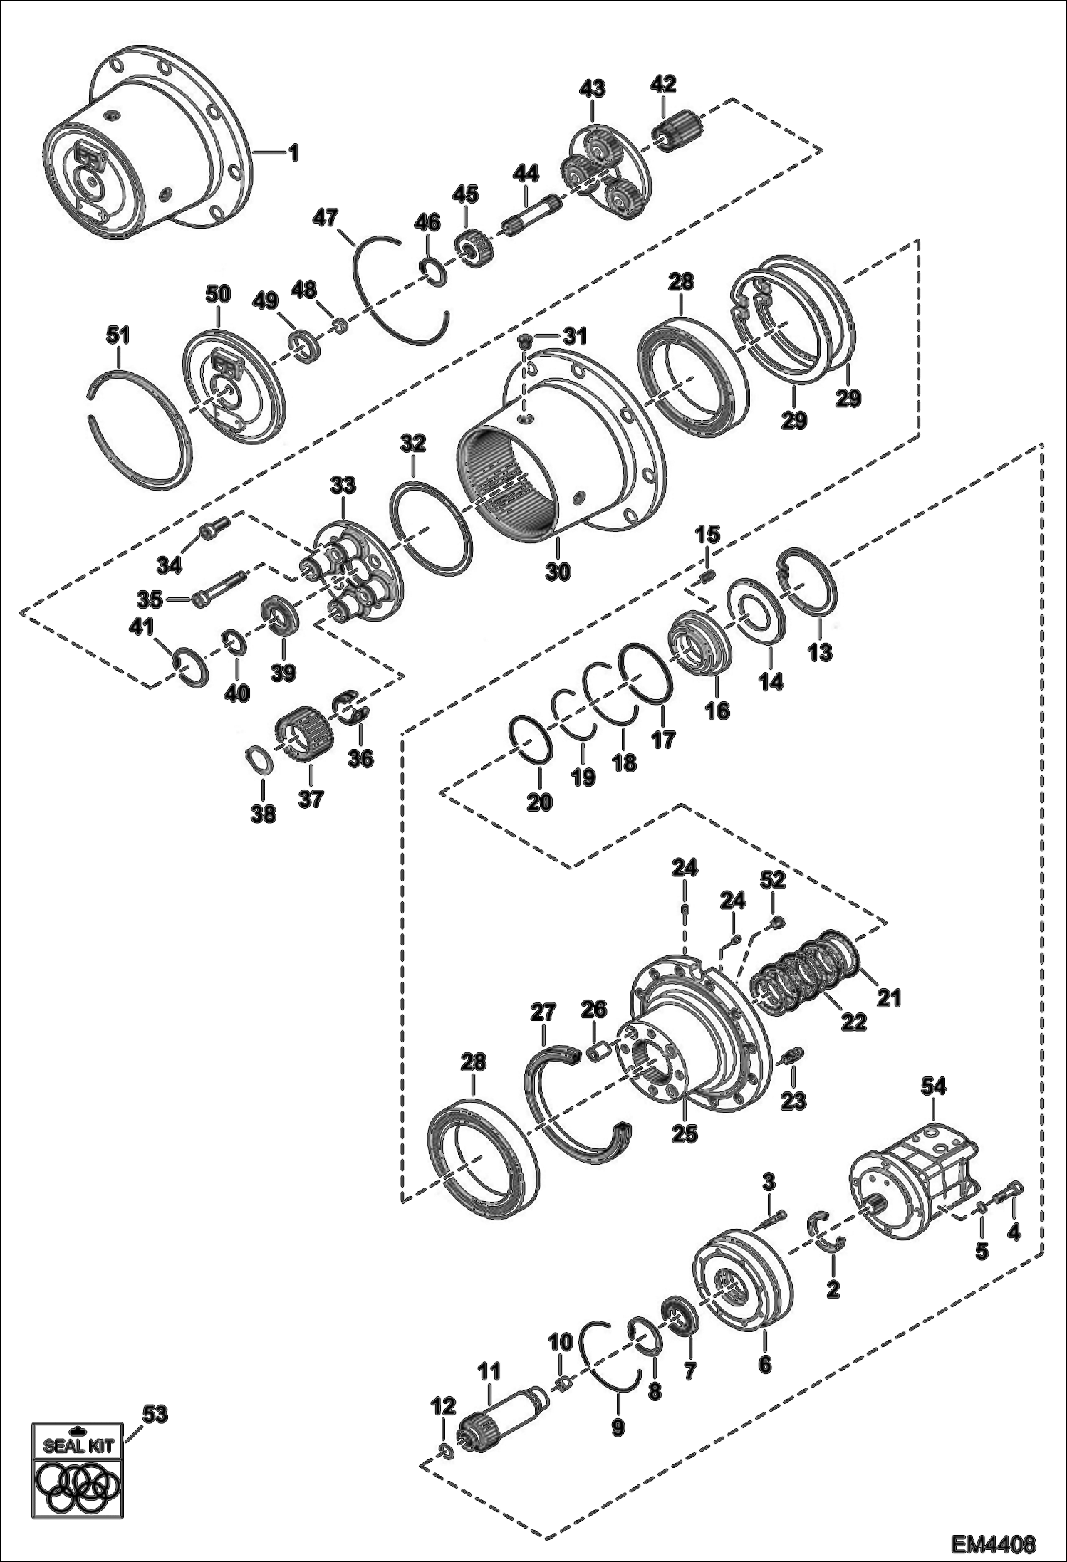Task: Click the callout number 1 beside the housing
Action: [293, 153]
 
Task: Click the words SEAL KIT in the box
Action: [73, 1447]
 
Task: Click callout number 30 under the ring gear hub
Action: [558, 571]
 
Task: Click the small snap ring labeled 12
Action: [444, 1451]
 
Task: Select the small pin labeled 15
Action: [708, 576]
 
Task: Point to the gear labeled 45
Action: [469, 248]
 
